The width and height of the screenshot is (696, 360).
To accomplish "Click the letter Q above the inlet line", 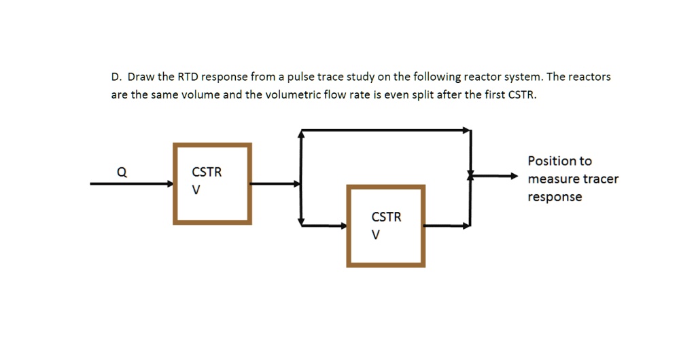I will click(x=121, y=173).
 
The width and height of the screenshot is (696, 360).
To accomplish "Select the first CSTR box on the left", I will click(x=213, y=183).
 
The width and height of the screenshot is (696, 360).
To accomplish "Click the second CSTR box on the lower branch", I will click(x=386, y=226).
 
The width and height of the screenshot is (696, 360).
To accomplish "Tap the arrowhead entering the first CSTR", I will click(x=169, y=183).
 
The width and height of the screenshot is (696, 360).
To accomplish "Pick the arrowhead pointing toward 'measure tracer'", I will click(x=514, y=176).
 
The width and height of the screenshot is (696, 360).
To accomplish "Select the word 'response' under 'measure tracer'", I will click(x=555, y=197).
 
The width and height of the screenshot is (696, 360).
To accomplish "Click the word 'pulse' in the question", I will click(x=300, y=77).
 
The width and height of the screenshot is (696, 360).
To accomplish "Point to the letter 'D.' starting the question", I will click(x=117, y=77).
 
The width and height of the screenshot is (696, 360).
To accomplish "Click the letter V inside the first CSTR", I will click(x=196, y=190).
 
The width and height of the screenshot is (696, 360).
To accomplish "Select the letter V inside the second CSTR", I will click(x=375, y=235).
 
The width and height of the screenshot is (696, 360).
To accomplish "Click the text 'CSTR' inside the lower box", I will click(x=386, y=217).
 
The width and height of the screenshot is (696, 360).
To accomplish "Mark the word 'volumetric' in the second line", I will click(x=294, y=95).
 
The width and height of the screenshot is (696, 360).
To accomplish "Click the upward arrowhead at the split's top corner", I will click(x=301, y=134).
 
